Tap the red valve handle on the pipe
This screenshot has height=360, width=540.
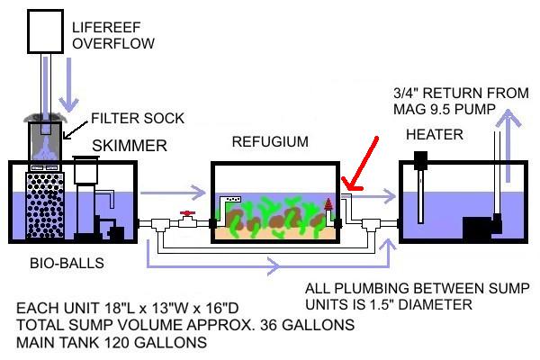[187, 213]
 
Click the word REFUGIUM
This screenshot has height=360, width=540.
[270, 142]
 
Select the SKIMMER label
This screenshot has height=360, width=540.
[130, 146]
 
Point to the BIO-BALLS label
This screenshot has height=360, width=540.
[67, 263]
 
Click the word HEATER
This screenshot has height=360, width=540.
[435, 134]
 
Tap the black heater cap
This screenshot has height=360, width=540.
[420, 160]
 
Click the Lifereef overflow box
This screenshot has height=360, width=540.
[46, 31]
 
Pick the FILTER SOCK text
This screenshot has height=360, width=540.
[138, 119]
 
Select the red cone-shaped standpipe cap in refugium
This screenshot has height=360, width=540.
[328, 204]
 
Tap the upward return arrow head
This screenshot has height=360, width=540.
[508, 118]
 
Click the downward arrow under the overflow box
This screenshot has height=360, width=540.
[69, 85]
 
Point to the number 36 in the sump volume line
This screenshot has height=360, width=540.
[268, 325]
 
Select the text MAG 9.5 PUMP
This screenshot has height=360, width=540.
[445, 110]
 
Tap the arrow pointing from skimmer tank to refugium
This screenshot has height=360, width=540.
[173, 193]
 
